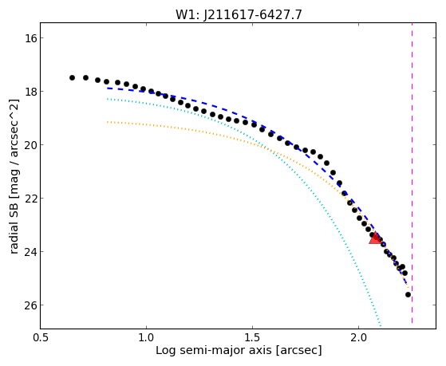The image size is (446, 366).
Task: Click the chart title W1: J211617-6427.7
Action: pos(239,15)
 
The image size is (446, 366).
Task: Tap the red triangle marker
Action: pos(375,238)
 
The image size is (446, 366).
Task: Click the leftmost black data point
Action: pos(72,77)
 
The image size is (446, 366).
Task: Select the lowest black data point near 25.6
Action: pos(409,294)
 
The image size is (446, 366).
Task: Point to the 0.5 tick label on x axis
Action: pos(41,338)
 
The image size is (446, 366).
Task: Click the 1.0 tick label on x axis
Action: pos(146,338)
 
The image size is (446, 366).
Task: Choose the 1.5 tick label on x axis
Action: pos(253,338)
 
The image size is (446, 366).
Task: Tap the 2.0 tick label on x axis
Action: pos(359,338)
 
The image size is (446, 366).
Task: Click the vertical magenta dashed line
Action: pos(412,173)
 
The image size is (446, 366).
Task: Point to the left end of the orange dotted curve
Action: pos(107,122)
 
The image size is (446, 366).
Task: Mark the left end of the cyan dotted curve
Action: pos(107,99)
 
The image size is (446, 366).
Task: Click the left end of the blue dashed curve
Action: pos(107,89)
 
